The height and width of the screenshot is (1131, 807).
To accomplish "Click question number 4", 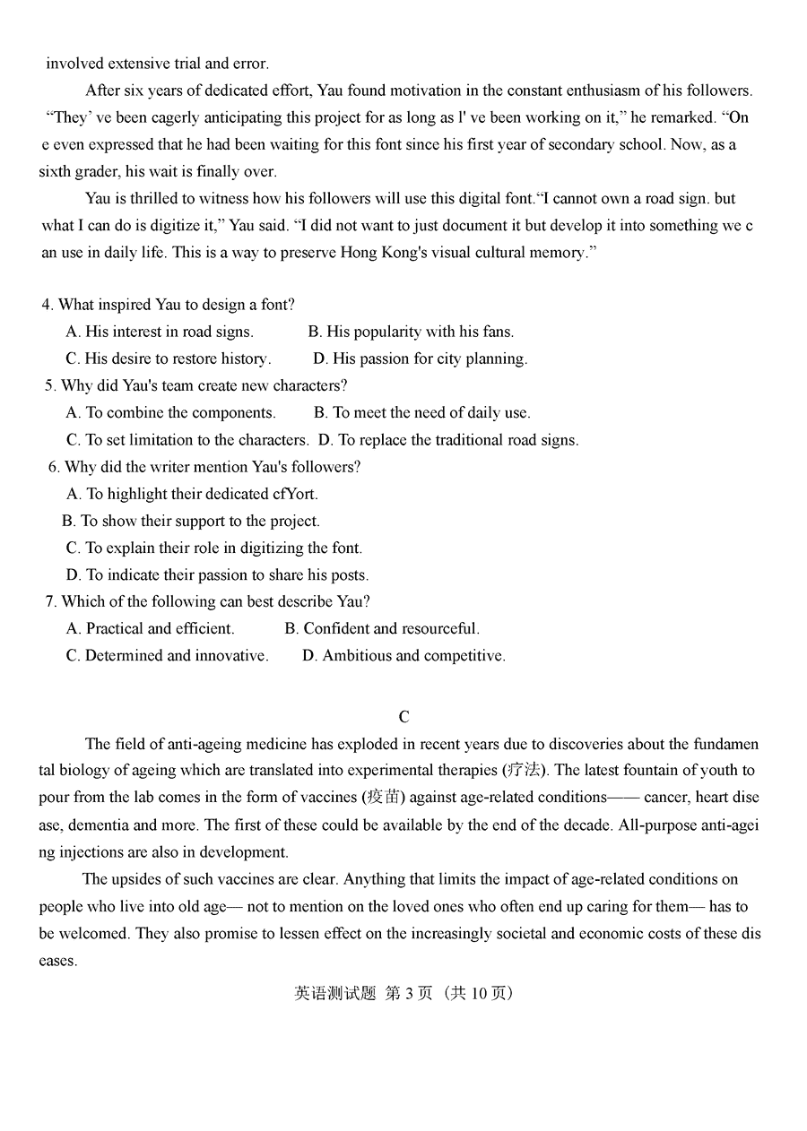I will click(x=48, y=305).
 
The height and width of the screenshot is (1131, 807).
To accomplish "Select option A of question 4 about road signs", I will click(x=160, y=332).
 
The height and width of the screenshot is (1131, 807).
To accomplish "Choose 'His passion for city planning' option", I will click(x=420, y=358).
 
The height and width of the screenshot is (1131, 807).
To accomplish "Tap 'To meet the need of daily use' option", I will click(x=421, y=412).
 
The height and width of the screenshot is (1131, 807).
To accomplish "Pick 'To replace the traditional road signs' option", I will click(x=448, y=439).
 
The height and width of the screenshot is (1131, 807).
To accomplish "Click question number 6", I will click(x=54, y=466).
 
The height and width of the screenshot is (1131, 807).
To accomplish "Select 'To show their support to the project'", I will click(x=190, y=521).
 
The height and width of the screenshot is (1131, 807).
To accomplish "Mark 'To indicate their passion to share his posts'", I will click(x=217, y=574).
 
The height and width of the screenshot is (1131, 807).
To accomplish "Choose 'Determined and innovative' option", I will click(x=167, y=655).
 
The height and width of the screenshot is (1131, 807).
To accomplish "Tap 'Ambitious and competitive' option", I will click(x=403, y=655).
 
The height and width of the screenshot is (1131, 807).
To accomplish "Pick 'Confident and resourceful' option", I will click(x=382, y=628).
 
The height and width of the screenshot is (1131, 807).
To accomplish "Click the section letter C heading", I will click(x=403, y=716).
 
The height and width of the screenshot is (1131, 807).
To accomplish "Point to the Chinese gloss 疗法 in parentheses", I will click(x=525, y=770).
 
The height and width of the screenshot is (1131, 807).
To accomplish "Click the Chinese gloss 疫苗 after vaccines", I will click(x=380, y=797).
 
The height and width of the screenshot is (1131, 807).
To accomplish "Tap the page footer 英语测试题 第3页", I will click(x=403, y=993).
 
